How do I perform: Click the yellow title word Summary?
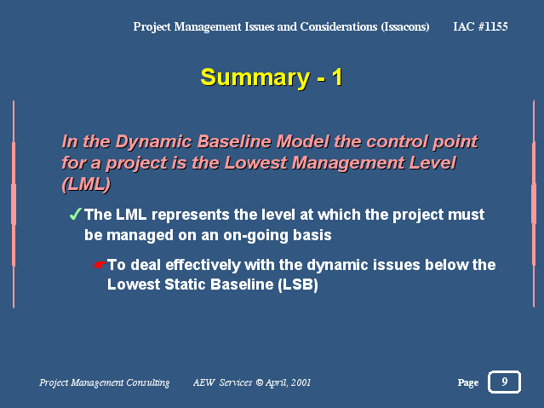click(x=255, y=78)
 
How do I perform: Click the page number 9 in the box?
click(x=505, y=382)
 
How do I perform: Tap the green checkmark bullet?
click(x=75, y=214)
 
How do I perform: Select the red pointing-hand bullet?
click(x=100, y=265)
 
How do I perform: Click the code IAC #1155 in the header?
click(x=480, y=26)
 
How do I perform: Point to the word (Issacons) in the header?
click(x=405, y=26)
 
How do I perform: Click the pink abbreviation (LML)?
click(x=86, y=184)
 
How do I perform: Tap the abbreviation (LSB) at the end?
click(x=298, y=284)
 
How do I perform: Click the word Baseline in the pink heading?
click(x=234, y=141)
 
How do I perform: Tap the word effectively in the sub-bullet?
click(x=203, y=265)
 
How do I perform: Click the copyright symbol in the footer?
click(x=260, y=382)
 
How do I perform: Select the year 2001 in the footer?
click(x=301, y=382)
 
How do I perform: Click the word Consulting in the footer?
click(x=148, y=382)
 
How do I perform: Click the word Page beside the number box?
click(x=468, y=382)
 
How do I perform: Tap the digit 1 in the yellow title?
click(x=337, y=78)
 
